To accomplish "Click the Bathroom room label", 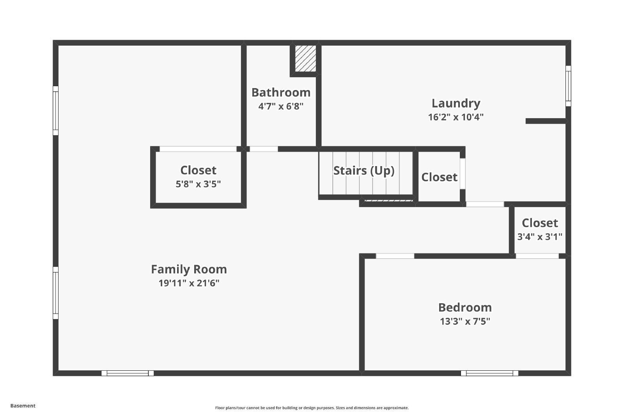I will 281,92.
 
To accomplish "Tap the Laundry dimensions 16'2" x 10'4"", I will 456,117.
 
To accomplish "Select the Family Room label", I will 189,269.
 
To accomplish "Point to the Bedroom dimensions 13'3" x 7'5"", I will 465,321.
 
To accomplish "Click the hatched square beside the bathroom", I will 305,58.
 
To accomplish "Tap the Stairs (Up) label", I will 363,170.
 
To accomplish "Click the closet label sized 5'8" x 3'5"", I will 198,170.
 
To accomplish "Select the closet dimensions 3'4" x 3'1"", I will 540,237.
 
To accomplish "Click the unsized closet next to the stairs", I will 439,177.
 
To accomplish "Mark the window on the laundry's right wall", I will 568,86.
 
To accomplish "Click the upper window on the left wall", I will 56,111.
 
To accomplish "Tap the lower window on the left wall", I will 56,293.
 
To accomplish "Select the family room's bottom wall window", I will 128,373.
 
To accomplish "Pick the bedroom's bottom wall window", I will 489,373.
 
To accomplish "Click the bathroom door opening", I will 264,149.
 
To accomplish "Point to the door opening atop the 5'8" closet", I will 198,149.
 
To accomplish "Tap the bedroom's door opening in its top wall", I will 395,256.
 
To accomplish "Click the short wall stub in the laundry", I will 545,121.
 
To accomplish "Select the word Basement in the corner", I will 23,405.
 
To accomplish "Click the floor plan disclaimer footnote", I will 312,408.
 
